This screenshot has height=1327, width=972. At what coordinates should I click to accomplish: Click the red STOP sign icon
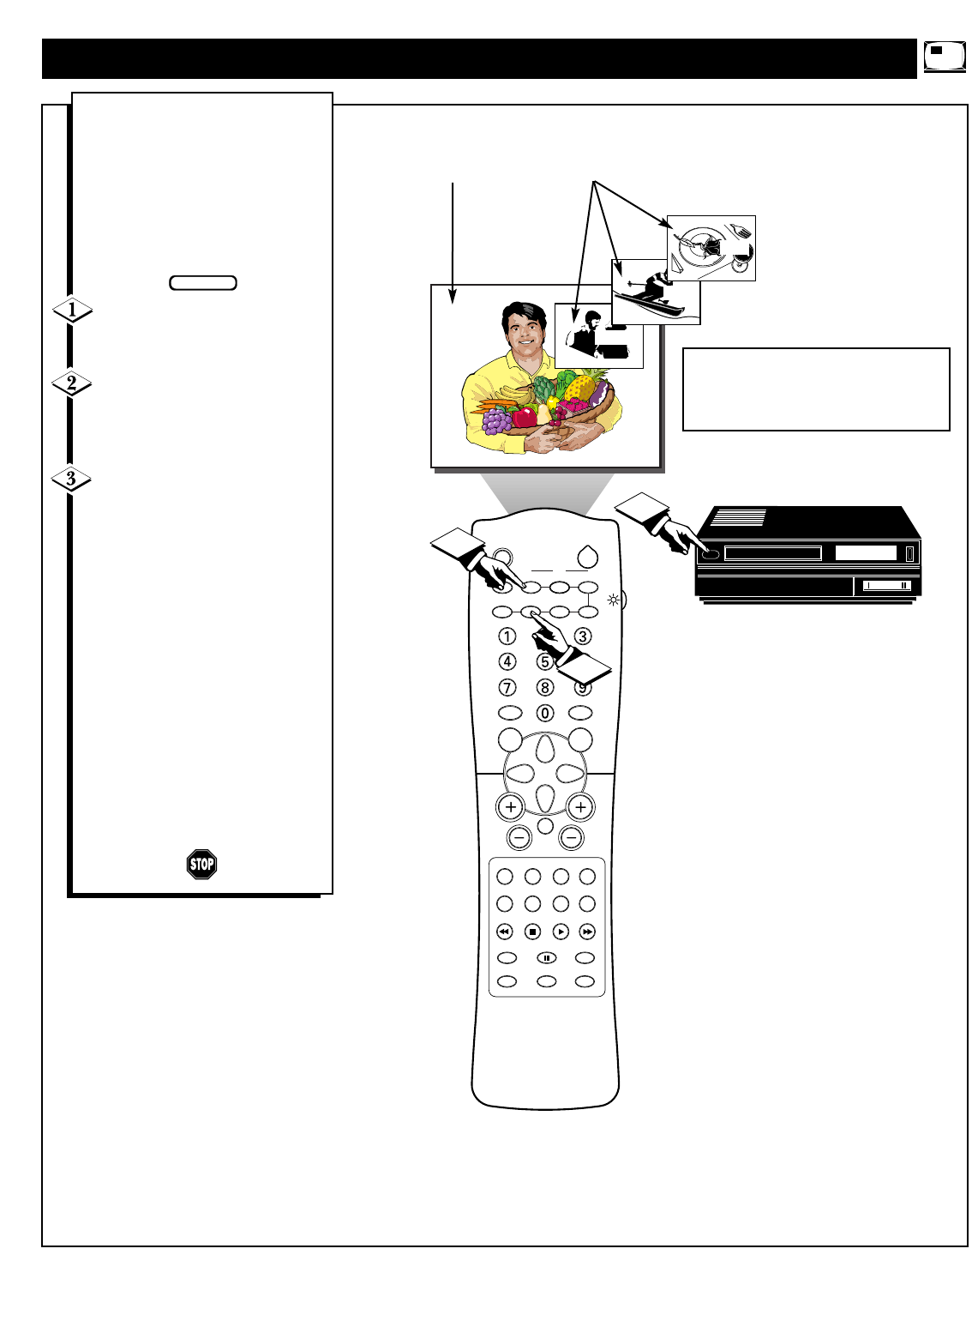[x=201, y=864]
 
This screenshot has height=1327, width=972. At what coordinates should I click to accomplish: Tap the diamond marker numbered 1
[x=72, y=310]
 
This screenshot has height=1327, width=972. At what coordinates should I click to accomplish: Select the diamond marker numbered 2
[x=72, y=383]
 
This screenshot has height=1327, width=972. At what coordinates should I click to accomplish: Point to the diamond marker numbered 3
[x=71, y=478]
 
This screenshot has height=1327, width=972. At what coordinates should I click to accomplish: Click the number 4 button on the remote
[x=508, y=661]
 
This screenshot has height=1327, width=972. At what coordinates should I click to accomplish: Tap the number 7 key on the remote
[x=508, y=687]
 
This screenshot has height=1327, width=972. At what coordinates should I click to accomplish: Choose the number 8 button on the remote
[x=545, y=687]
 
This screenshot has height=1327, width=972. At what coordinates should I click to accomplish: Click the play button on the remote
[x=561, y=932]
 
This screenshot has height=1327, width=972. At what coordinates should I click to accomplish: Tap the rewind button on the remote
[x=505, y=932]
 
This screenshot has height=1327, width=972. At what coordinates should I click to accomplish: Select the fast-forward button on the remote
[x=587, y=932]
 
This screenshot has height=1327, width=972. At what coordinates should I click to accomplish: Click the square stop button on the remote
[x=532, y=932]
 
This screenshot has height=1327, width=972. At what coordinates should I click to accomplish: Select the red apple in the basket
[x=524, y=418]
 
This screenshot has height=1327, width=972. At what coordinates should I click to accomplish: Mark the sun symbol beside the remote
[x=613, y=599]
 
